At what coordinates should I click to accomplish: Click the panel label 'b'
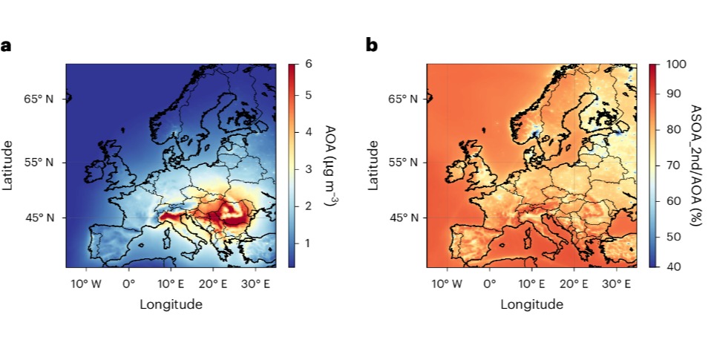[372, 45]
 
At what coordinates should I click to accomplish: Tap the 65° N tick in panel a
[39, 99]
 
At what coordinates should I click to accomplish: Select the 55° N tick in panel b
[400, 162]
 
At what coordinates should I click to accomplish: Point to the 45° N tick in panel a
[39, 217]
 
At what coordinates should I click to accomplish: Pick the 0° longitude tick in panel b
[489, 284]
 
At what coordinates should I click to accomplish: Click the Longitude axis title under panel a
[171, 304]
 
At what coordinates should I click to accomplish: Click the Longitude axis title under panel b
[531, 304]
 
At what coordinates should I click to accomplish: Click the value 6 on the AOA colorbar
[308, 64]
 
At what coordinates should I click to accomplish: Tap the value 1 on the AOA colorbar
[307, 243]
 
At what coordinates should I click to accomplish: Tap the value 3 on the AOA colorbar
[307, 169]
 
